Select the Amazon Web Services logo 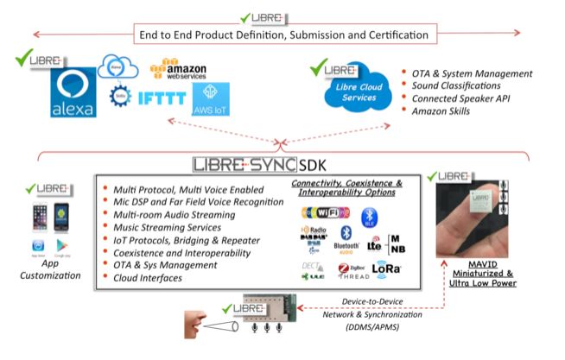181,69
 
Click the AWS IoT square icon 213,97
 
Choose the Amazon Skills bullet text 441,117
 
